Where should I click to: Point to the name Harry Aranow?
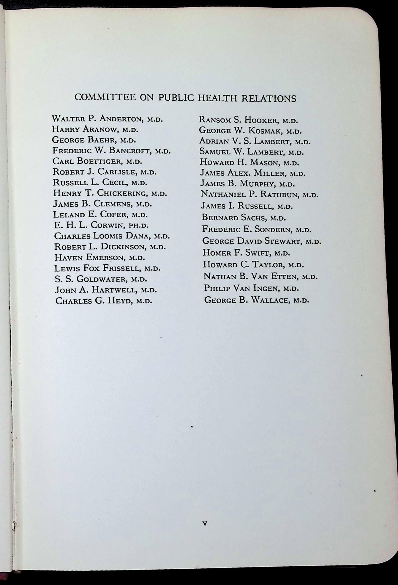tap(85, 129)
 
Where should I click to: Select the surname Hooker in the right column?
tap(260, 120)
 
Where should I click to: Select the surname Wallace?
tap(270, 300)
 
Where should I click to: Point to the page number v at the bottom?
tap(204, 524)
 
